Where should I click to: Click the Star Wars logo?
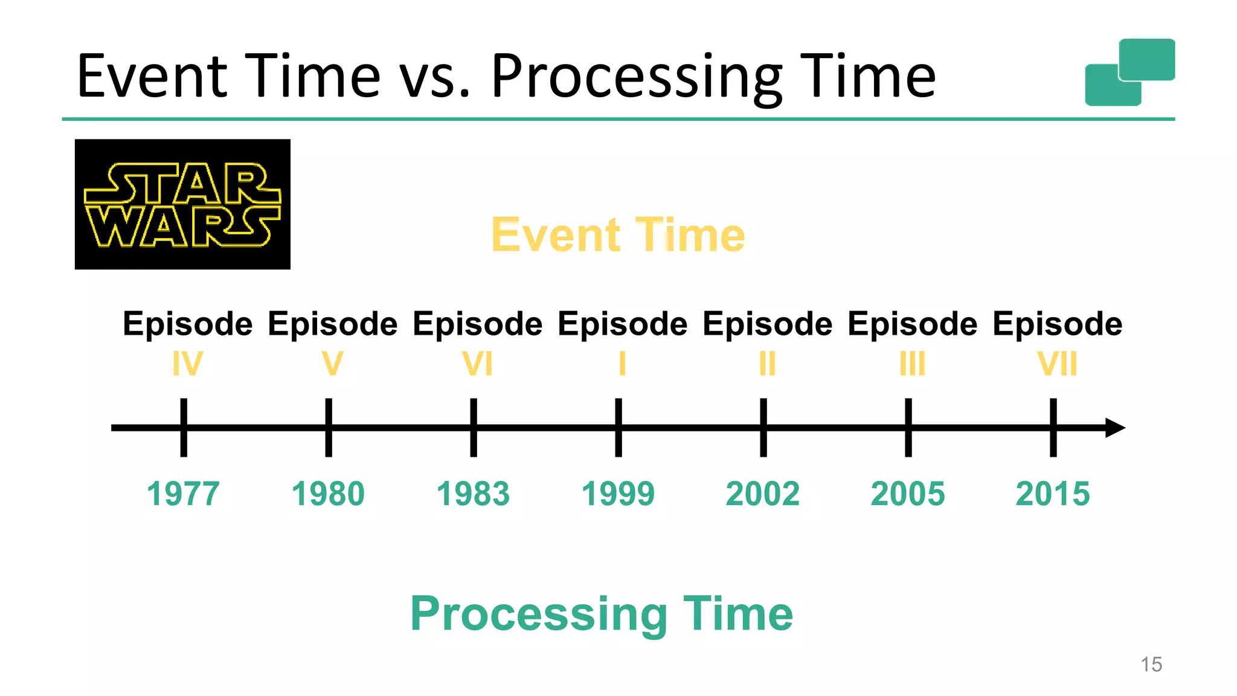click(x=182, y=204)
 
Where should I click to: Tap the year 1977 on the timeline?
click(x=183, y=494)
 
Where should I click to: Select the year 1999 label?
click(x=618, y=494)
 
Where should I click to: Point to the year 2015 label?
click(x=1053, y=494)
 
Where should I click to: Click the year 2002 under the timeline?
click(x=763, y=494)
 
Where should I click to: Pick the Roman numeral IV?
click(x=187, y=364)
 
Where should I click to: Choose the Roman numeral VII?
click(x=1057, y=364)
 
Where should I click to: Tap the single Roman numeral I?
click(x=622, y=364)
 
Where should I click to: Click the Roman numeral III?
click(x=912, y=364)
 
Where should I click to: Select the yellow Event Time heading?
click(x=618, y=234)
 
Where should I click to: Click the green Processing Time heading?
click(x=602, y=613)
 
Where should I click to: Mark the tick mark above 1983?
click(x=474, y=427)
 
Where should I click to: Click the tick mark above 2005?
click(x=908, y=427)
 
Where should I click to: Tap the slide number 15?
click(x=1151, y=665)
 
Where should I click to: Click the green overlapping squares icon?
click(x=1129, y=72)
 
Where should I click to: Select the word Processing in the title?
click(x=637, y=77)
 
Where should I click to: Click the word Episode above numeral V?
click(x=333, y=324)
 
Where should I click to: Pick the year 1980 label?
click(x=328, y=494)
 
